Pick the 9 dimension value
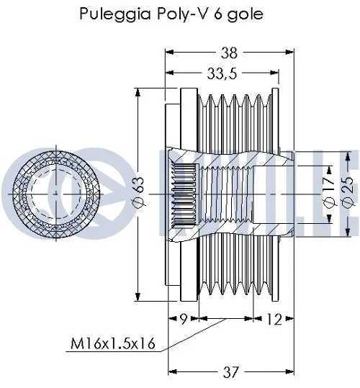click(184, 318)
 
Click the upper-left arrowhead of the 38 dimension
click(170, 52)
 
